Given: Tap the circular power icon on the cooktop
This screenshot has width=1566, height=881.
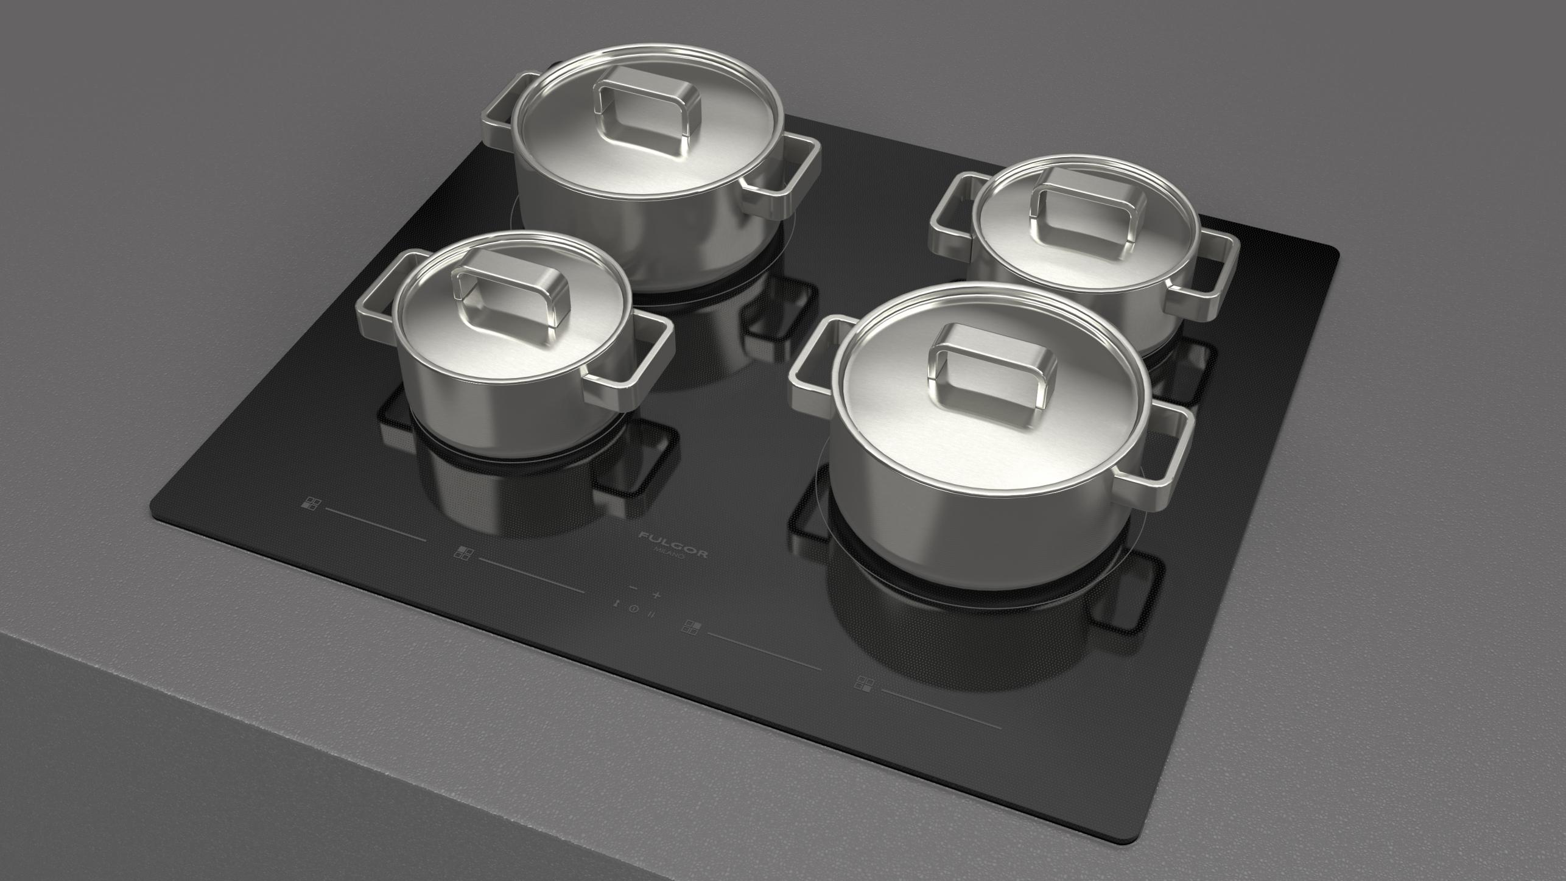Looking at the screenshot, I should [x=634, y=608].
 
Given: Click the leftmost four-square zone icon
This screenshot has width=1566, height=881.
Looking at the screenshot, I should [x=311, y=504].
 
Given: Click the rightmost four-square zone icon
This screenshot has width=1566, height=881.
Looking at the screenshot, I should [x=863, y=683].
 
